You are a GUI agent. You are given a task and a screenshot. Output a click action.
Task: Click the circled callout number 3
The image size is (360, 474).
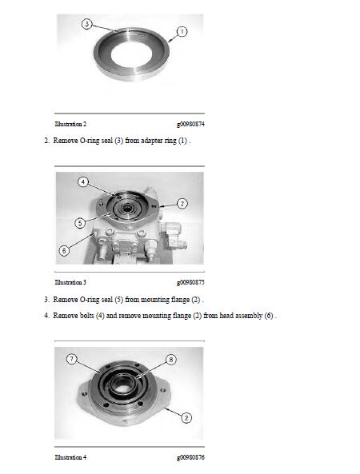click(87, 24)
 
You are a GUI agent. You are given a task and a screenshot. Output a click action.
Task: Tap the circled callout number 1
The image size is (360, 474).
click(182, 31)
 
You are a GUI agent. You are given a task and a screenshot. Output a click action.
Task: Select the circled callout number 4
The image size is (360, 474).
click(83, 182)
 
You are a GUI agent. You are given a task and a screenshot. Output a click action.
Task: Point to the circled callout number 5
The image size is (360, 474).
click(80, 223)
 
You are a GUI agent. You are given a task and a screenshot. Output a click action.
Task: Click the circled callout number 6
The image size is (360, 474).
click(64, 251)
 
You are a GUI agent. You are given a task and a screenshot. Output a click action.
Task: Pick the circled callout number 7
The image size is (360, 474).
click(72, 359)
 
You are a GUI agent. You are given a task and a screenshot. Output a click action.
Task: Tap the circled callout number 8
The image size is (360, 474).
click(171, 360)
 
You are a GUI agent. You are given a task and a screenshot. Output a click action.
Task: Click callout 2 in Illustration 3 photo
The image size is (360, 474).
click(182, 204)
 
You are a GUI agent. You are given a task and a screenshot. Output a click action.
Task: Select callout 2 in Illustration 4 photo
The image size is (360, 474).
click(186, 418)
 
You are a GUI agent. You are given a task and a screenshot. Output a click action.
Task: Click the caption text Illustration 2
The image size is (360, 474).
click(70, 124)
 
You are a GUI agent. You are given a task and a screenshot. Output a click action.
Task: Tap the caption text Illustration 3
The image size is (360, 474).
click(70, 282)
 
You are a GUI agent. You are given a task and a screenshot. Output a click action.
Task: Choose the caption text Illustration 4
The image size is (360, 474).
click(70, 457)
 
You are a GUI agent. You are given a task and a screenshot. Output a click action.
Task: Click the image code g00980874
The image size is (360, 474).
click(190, 124)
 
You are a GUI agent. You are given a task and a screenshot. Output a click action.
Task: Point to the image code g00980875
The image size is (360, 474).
click(190, 283)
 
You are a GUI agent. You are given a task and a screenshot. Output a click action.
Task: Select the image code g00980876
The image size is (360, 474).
click(190, 458)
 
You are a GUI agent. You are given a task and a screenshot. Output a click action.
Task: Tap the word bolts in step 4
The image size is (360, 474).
click(87, 316)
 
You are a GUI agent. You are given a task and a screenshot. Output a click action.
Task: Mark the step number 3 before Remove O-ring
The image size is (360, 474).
click(46, 300)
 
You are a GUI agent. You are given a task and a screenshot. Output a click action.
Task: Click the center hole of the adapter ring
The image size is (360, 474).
click(131, 54)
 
